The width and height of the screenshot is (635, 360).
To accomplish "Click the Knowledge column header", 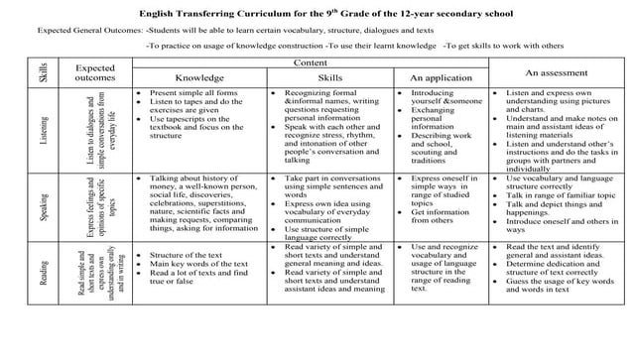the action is tap(199, 76).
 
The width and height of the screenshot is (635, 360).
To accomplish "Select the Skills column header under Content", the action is tap(330, 76).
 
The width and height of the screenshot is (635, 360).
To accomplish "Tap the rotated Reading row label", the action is tap(44, 271).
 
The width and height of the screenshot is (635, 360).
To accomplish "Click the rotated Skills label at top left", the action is tap(44, 71).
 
